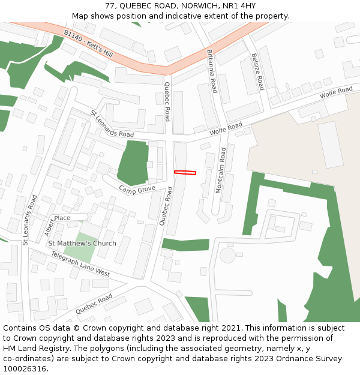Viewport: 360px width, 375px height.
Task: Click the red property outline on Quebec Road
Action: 185,173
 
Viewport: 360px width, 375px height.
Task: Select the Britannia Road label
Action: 212,71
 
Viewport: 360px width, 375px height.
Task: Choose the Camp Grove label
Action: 137,190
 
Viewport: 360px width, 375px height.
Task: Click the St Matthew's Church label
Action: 82,243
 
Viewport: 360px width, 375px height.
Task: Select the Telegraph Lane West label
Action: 80,264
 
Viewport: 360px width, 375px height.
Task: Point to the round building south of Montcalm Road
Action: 227,255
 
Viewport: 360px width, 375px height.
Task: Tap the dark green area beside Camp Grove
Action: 133,162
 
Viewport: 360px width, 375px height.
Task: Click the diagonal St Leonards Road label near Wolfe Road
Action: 112,124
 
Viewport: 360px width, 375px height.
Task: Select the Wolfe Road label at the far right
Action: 336,93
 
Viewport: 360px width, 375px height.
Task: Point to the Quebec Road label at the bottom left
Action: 94,304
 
